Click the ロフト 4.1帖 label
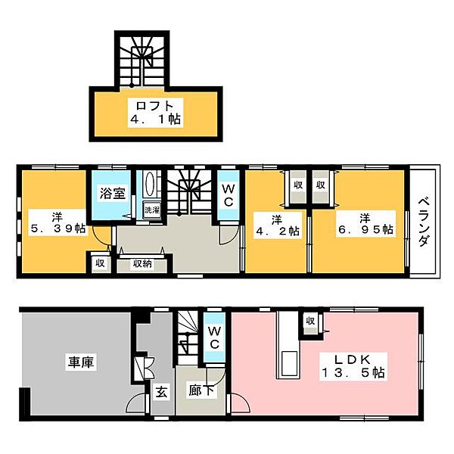click(155, 112)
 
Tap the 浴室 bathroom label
click(113, 193)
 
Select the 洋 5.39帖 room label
click(58, 222)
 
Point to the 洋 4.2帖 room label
click(277, 225)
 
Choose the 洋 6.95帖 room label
click(365, 224)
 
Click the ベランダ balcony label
click(423, 222)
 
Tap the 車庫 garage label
click(81, 362)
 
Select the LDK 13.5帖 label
click(353, 366)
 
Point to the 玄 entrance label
click(162, 393)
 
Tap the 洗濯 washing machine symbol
click(152, 210)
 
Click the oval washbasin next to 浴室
click(149, 184)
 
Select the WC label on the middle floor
click(229, 196)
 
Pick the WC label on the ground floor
click(214, 337)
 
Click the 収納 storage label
click(142, 263)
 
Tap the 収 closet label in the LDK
click(310, 321)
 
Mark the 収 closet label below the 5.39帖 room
click(100, 263)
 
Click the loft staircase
click(142, 61)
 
